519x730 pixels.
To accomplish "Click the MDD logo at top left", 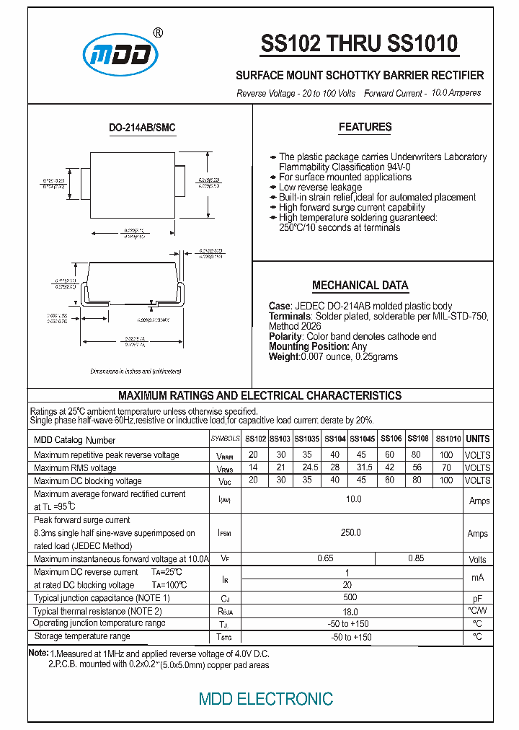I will [120, 56].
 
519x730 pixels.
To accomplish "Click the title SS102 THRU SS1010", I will [359, 45].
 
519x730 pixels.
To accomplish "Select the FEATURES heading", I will [365, 128].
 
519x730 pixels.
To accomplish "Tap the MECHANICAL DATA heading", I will [360, 285].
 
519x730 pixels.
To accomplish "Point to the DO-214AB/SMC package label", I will [142, 128].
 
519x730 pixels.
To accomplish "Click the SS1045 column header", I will [362, 439].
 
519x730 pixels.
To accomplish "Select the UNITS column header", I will [477, 439].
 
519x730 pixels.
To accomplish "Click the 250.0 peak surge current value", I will [350, 533].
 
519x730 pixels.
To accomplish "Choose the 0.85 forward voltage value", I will [416, 558].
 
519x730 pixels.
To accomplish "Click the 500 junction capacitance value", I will [350, 598].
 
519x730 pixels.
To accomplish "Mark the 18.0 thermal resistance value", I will [350, 611].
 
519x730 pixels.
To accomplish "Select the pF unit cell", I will [477, 599].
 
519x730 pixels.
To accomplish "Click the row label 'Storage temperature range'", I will [82, 636].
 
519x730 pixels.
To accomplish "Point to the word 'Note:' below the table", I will [37, 652].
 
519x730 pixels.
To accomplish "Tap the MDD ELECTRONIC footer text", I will [266, 698].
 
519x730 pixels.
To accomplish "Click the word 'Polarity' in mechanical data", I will [285, 336].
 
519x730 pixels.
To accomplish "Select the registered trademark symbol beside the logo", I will [159, 32].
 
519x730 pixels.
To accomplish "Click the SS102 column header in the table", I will [255, 439].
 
